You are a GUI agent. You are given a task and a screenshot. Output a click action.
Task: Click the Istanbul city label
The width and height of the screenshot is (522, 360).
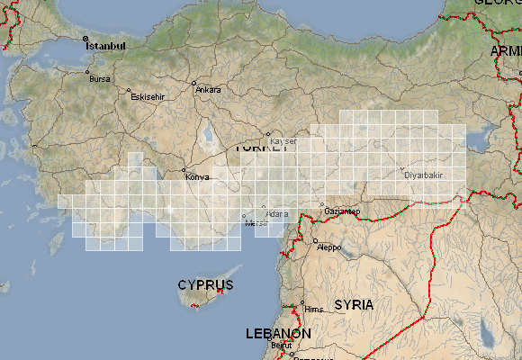pos(107,45)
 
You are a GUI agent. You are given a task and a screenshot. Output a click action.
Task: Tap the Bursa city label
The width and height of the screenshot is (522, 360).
pos(99,78)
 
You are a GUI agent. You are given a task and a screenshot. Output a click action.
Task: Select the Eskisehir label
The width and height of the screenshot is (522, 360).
pos(148,96)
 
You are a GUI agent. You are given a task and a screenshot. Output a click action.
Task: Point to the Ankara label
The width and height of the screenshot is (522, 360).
pos(209,90)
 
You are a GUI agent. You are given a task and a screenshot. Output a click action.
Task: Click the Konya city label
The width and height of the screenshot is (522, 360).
pos(197,176)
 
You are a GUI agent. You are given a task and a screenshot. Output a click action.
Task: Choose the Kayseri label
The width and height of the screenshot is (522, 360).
pos(283,141)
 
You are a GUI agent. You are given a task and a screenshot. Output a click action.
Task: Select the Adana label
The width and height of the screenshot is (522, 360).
pos(277,214)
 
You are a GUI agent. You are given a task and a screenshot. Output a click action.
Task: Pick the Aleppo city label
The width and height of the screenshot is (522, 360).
pos(329,247)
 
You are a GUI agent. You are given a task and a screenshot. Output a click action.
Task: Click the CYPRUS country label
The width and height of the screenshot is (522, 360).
pos(205,285)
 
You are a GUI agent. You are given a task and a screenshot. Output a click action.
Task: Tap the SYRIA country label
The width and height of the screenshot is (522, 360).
pos(354,305)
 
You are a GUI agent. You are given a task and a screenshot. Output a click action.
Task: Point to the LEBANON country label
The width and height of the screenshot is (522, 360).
pos(279,334)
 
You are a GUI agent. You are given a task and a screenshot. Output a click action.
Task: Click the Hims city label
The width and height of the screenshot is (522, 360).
pos(314,310)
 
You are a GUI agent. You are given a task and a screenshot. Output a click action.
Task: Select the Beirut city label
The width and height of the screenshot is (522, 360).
pos(283,345)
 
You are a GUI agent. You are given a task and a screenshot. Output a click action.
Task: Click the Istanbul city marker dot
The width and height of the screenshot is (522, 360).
pos(85,38)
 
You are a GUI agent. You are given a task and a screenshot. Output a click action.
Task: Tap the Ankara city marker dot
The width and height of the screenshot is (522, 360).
pos(194,84)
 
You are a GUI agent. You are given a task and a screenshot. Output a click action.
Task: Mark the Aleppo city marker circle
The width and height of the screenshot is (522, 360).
pos(315,240)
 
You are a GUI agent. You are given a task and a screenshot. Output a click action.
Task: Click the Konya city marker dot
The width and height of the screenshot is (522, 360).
pos(184,171)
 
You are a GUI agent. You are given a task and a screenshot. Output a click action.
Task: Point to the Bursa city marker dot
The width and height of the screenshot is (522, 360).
pos(87,72)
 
